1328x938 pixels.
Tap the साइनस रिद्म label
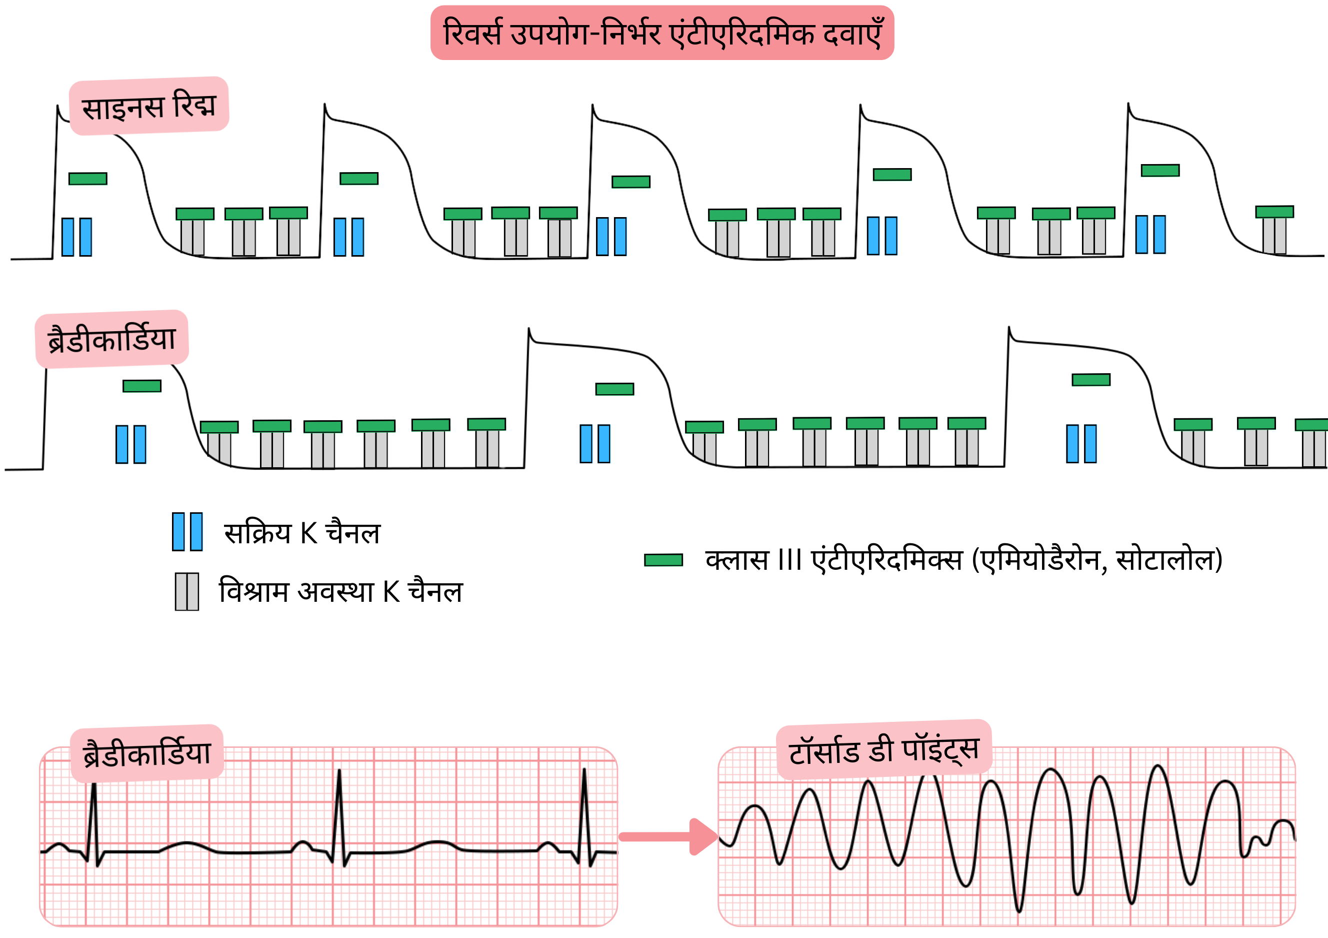[x=148, y=106]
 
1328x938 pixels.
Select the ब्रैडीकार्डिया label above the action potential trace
[x=111, y=339]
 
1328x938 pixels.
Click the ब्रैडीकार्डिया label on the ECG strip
[x=147, y=753]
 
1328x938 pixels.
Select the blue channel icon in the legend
[x=187, y=531]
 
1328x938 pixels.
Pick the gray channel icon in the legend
[x=187, y=591]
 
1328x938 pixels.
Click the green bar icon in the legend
[x=663, y=560]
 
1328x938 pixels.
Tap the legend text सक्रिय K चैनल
[x=302, y=533]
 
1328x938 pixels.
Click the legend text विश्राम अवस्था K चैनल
[x=340, y=591]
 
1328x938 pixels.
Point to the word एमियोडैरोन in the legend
[x=1040, y=560]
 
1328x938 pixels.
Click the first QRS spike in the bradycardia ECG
[x=93, y=822]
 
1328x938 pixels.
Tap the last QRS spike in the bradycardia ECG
[x=584, y=816]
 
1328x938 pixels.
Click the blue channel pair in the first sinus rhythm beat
[x=76, y=237]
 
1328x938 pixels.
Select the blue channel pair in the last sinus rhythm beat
[x=1150, y=234]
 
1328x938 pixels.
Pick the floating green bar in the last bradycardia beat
[x=1091, y=380]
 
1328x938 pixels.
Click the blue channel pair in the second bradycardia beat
[x=594, y=444]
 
